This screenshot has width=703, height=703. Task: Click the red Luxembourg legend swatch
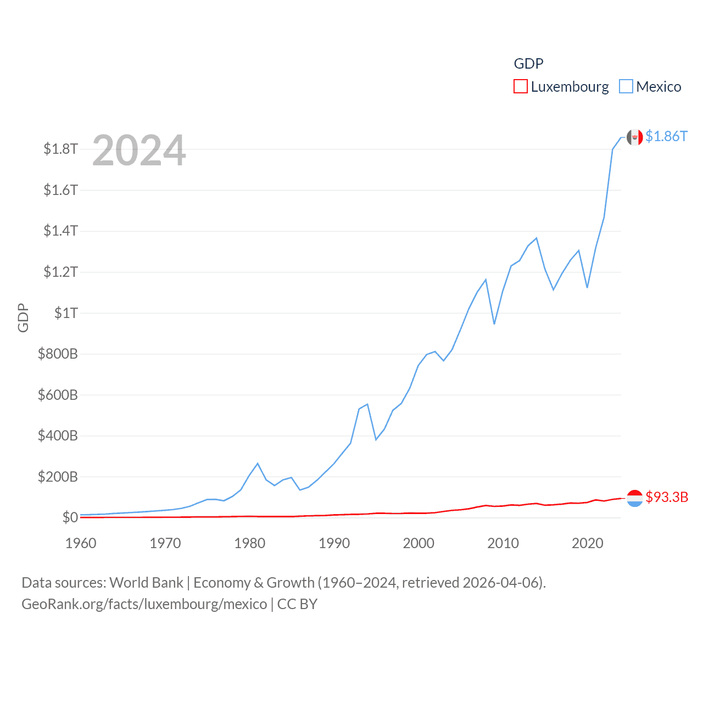520,87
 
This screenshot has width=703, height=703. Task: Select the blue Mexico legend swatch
626,87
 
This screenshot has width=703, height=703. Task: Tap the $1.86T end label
666,136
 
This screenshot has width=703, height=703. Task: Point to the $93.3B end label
667,497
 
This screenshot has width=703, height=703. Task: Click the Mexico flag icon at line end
634,137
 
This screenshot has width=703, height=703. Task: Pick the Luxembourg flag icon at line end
634,498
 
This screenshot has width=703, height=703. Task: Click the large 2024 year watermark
139,150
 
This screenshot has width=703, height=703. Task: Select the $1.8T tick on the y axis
60,149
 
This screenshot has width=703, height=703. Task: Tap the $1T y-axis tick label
66,313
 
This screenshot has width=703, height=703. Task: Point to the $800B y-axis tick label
58,354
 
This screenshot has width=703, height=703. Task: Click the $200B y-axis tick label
58,477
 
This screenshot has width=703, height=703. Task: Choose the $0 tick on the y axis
70,517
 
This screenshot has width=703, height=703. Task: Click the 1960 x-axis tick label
81,543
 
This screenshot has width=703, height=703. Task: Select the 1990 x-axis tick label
334,543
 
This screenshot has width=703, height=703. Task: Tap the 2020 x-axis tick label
587,543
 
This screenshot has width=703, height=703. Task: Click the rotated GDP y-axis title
23,317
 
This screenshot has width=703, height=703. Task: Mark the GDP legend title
528,64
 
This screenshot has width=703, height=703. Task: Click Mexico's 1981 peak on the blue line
258,464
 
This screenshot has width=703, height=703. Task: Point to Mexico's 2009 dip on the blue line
494,323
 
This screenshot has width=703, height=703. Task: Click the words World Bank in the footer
146,583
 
